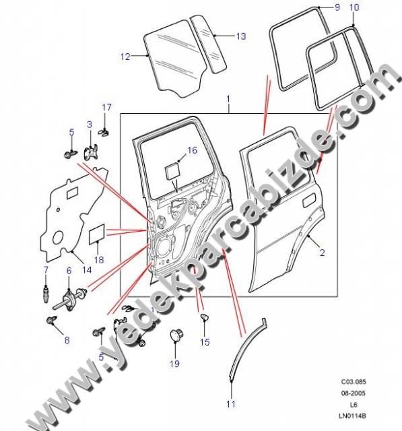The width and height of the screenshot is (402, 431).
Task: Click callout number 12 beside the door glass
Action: tap(125, 57)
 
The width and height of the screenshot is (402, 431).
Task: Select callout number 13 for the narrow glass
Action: tap(241, 36)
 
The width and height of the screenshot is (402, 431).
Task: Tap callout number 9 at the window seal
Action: tap(337, 7)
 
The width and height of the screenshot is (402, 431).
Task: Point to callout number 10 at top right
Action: tap(354, 7)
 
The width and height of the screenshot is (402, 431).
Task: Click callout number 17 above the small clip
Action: tap(106, 107)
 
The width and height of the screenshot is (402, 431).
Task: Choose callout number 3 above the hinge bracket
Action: tap(90, 125)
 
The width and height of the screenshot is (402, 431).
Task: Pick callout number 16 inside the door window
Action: tap(192, 150)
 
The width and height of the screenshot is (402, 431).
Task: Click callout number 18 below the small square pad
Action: tap(99, 260)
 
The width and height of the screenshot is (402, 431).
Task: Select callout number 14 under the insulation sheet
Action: tap(87, 269)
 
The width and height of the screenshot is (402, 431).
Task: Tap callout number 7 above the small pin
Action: tap(46, 270)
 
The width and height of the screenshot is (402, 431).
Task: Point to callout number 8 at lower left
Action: tap(67, 340)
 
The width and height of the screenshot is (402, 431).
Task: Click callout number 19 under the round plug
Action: tap(174, 364)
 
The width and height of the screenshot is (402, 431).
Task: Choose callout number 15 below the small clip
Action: tap(205, 342)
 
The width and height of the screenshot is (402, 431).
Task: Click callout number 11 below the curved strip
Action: tap(231, 404)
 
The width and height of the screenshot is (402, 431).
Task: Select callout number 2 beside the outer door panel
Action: tap(323, 253)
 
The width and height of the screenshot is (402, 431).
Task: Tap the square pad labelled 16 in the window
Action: tap(172, 172)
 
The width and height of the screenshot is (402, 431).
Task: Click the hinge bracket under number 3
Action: tap(91, 152)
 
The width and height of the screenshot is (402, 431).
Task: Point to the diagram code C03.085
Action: tap(354, 382)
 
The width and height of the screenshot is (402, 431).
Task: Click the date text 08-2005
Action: tap(354, 393)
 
